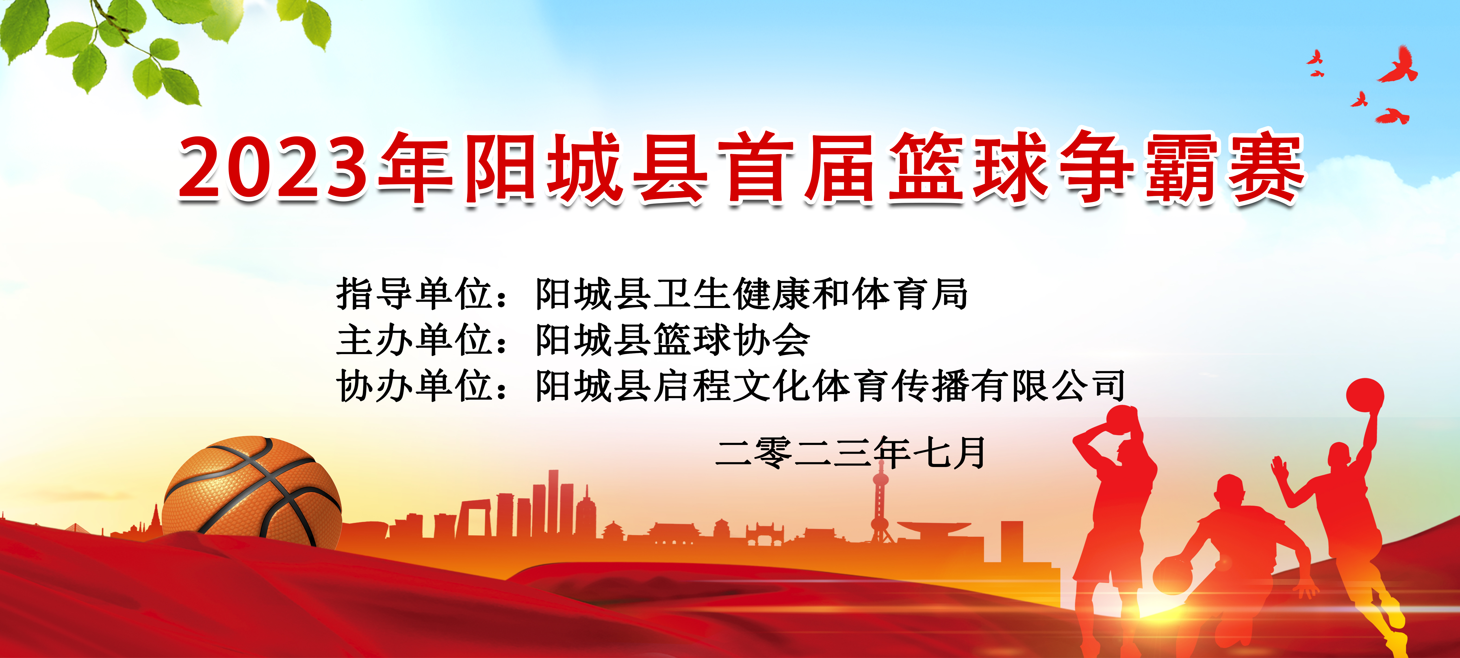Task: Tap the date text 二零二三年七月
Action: coord(850,453)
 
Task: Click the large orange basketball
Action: coord(252,492)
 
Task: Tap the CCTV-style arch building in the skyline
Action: coord(475,517)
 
